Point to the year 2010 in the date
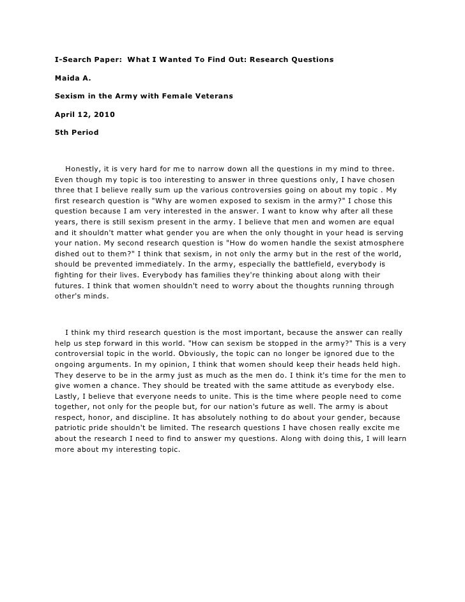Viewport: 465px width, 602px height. coord(104,115)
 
